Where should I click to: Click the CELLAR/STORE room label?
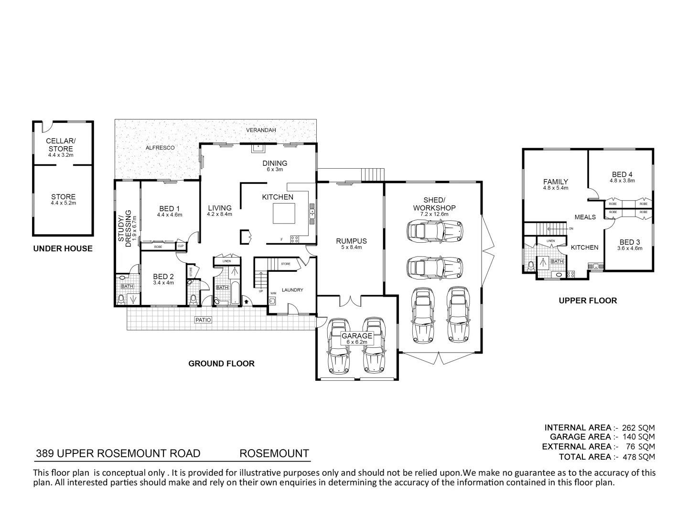61,145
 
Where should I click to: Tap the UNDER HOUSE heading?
63,248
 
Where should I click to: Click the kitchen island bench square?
284,214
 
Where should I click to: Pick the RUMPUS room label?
351,241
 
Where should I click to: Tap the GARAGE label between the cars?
356,336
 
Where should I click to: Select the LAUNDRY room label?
292,290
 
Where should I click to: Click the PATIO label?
203,320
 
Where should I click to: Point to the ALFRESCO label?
160,148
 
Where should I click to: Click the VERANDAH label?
261,130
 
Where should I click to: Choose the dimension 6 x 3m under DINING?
275,170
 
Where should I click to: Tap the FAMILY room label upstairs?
556,182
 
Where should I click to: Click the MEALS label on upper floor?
585,217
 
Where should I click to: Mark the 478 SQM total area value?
638,457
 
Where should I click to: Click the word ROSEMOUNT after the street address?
274,453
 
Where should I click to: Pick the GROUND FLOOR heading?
221,364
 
